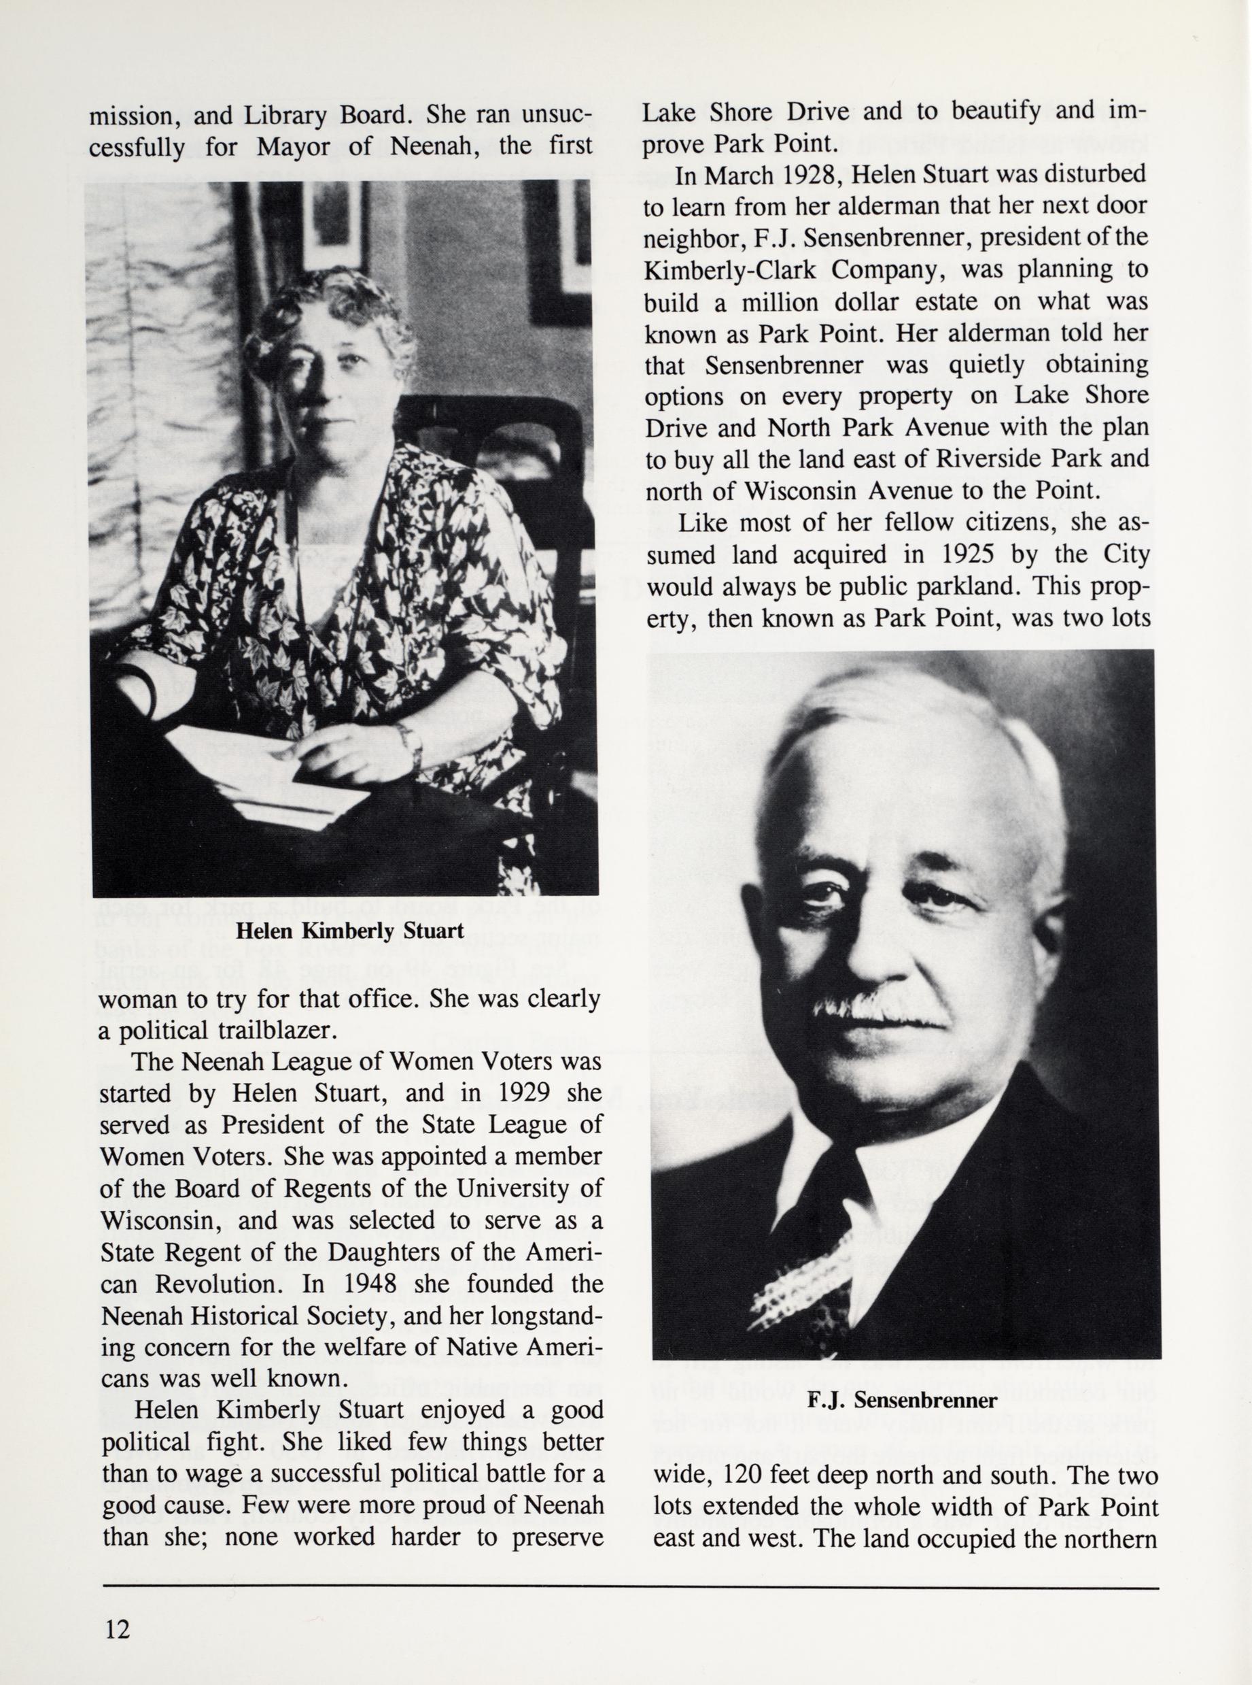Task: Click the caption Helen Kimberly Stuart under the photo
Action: point(349,931)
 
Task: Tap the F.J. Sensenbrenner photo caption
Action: point(902,1400)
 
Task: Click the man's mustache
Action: point(879,1010)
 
